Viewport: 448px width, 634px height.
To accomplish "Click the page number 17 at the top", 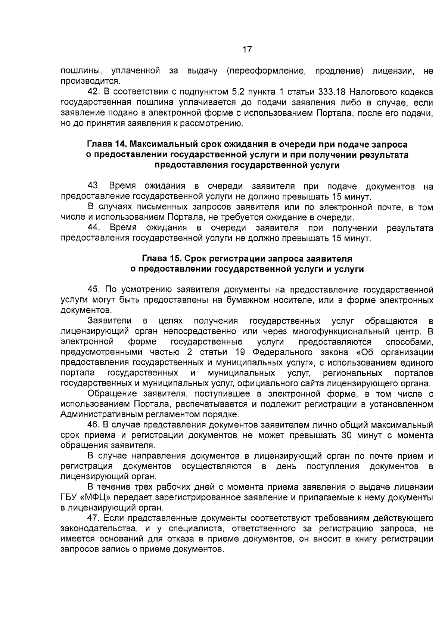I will (x=247, y=49).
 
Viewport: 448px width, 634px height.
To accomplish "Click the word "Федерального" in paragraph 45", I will (x=280, y=352).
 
